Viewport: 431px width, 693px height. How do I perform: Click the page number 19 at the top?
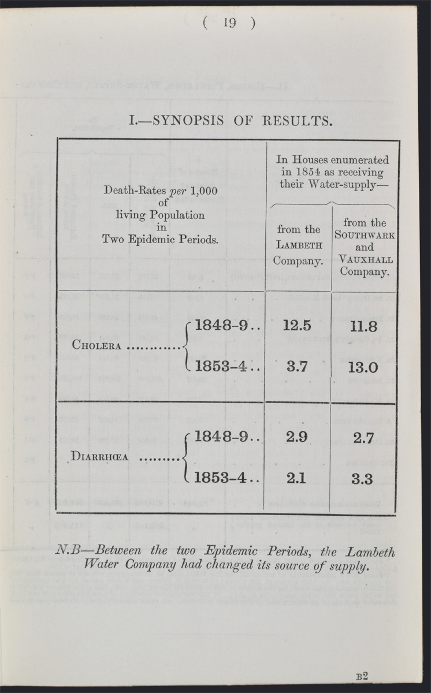click(x=229, y=23)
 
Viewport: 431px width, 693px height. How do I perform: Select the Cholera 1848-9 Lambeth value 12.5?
click(x=298, y=325)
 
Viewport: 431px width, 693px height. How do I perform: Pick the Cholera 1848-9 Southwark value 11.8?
click(x=363, y=327)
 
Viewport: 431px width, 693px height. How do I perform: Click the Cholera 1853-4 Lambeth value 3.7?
click(x=297, y=367)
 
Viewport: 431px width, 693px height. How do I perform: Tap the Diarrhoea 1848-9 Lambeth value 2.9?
click(x=297, y=437)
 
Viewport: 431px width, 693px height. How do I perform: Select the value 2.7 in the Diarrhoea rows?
click(x=363, y=438)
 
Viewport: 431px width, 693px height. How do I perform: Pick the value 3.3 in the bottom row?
click(x=363, y=479)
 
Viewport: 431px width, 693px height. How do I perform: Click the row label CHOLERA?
click(x=96, y=346)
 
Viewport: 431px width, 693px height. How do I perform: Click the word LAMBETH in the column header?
click(x=298, y=245)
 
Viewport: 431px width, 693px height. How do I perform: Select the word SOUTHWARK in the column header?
click(x=365, y=235)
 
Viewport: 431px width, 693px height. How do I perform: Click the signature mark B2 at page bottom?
click(x=362, y=676)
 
